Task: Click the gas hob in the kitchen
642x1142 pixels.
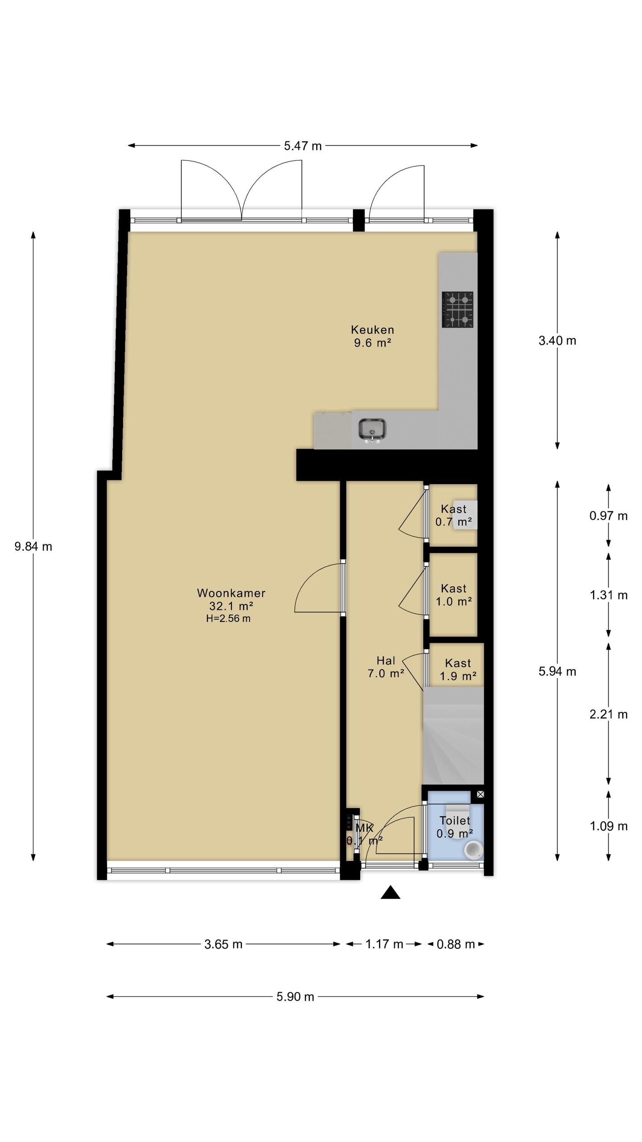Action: [457, 310]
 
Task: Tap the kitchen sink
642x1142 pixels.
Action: [372, 430]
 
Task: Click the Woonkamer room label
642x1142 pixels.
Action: [231, 593]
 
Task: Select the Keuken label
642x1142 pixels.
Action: [373, 330]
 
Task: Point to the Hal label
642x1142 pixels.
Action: [386, 660]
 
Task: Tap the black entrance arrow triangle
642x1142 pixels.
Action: [391, 892]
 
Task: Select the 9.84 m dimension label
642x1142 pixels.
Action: [33, 546]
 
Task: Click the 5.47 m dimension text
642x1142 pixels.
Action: [303, 146]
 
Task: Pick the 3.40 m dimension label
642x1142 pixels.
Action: [557, 341]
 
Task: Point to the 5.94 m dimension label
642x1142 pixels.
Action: [557, 671]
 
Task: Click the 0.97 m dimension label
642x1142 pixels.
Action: [609, 516]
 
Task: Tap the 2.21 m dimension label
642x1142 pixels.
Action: [609, 715]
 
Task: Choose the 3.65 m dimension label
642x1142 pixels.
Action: [223, 944]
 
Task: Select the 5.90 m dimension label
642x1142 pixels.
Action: [295, 997]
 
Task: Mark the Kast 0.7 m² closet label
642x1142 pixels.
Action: [454, 516]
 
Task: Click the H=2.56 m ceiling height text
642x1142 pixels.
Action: [228, 619]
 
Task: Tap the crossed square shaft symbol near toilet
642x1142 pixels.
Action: [480, 794]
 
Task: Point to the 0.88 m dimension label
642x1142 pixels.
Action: [456, 944]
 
